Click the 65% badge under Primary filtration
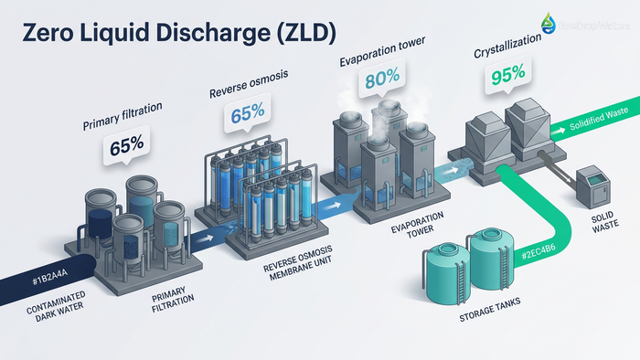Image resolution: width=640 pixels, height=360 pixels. pos(128,143)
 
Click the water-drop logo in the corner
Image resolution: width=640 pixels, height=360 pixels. pos(548,24)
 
